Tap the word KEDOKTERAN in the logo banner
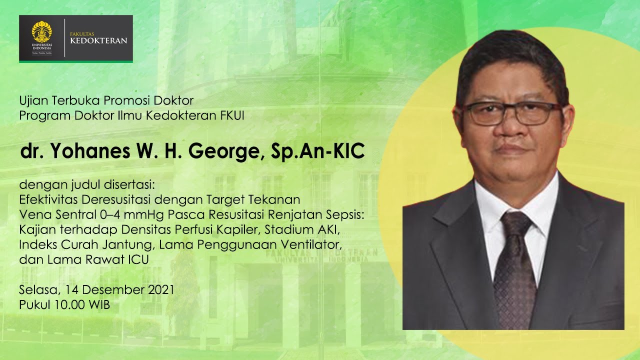[x=99, y=40]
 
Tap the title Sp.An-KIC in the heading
[x=317, y=152]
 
